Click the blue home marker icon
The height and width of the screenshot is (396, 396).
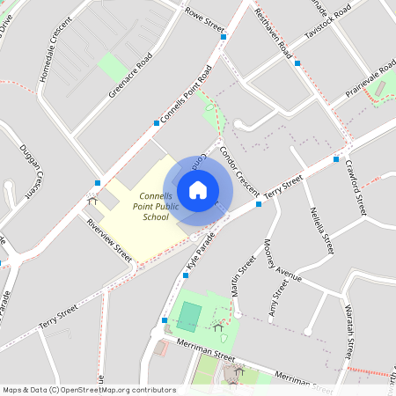pyautogui.click(x=198, y=189)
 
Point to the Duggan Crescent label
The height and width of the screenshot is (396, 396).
pyautogui.click(x=31, y=172)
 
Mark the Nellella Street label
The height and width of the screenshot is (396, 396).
pyautogui.click(x=322, y=231)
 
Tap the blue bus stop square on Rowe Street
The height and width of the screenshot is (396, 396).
pyautogui.click(x=224, y=37)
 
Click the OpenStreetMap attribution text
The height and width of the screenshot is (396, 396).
pyautogui.click(x=88, y=390)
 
